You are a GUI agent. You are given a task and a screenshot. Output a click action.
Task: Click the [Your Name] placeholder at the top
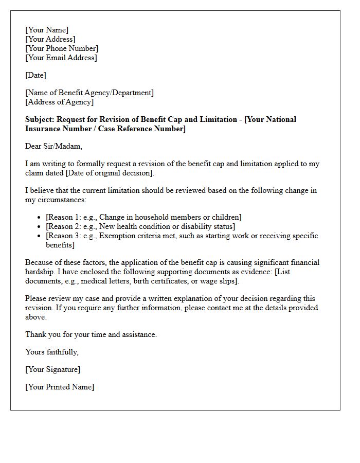coord(47,30)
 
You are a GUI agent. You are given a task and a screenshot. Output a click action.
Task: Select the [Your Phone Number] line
coord(62,48)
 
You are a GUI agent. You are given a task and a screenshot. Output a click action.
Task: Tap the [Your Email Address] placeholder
coord(61,58)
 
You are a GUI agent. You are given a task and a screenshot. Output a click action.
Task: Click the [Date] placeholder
coord(35,75)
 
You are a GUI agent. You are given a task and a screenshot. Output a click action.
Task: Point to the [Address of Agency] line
coord(59,102)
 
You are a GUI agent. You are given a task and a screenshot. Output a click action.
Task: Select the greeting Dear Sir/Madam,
coord(53,146)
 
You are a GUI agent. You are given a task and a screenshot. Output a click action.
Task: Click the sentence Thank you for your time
coord(91,334)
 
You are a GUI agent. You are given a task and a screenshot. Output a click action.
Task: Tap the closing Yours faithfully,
coord(52,352)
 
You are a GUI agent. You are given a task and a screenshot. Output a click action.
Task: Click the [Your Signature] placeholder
coord(53,369)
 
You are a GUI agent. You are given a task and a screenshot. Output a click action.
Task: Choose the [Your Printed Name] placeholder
coord(60,387)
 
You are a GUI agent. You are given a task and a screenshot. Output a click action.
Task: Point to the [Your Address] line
coord(50,39)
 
